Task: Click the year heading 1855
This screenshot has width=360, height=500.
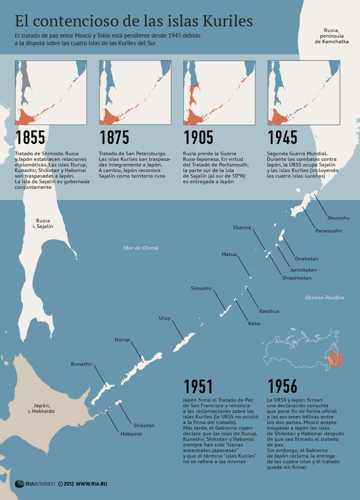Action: click(29, 137)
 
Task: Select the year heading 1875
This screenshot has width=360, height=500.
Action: click(114, 137)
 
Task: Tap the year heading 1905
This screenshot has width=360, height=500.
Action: click(199, 137)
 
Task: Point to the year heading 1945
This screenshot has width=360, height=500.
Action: click(283, 137)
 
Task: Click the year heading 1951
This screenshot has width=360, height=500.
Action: click(198, 385)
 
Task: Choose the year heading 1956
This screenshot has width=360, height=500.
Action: click(283, 385)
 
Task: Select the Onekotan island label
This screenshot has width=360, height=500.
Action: click(306, 259)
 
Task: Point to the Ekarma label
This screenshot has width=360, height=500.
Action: click(242, 227)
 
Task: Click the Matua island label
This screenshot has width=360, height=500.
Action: click(229, 254)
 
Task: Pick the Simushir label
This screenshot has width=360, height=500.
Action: click(202, 288)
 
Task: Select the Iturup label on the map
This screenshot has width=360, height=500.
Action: click(122, 339)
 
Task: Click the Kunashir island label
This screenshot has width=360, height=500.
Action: click(82, 364)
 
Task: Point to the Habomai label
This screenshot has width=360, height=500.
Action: click(131, 433)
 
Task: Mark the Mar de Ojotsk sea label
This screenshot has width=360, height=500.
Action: click(140, 247)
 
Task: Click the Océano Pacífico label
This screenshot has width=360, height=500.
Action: click(324, 297)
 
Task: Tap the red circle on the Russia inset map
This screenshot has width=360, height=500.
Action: click(337, 360)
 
